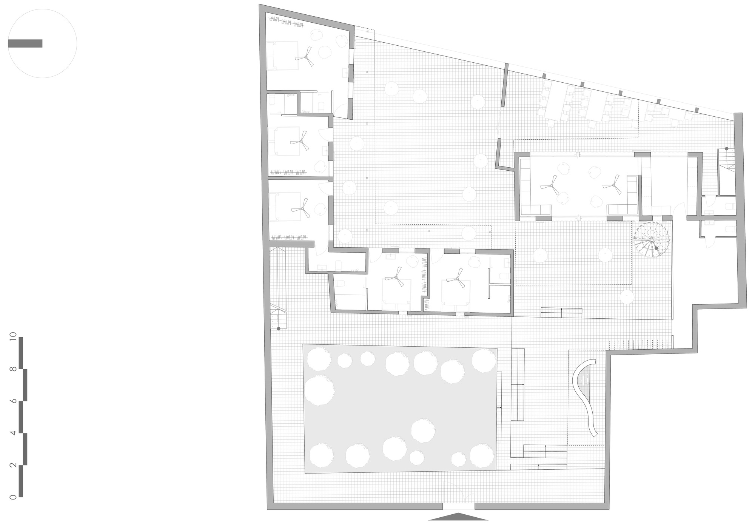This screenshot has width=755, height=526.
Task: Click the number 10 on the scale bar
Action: click(14, 336)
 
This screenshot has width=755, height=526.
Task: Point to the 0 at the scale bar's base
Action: click(14, 497)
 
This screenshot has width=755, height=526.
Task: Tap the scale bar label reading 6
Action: click(14, 401)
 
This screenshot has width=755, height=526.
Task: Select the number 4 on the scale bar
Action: click(14, 433)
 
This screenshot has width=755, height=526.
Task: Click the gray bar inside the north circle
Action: click(25, 43)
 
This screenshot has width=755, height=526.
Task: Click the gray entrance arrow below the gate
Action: click(458, 517)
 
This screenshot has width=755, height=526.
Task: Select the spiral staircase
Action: click(651, 240)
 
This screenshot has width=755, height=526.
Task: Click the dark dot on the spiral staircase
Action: click(656, 248)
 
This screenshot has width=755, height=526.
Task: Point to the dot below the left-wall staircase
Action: click(279, 329)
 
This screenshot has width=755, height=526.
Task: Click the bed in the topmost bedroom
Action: click(282, 56)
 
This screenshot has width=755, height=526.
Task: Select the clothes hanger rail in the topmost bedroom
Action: click(286, 23)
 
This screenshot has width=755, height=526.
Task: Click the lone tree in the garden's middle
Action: click(423, 430)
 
